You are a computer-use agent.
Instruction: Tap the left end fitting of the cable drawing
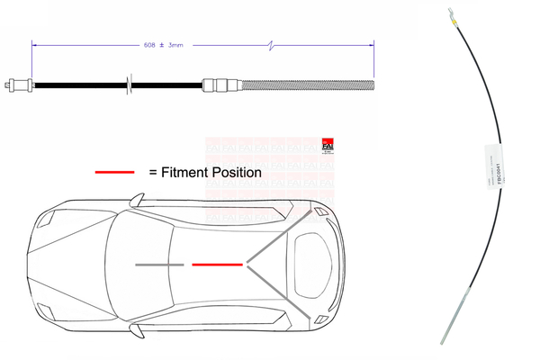[x=17, y=86]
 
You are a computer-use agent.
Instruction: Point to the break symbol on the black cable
[x=131, y=86]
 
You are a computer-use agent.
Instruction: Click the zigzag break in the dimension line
[x=274, y=42]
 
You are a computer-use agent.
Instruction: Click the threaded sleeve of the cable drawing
[x=297, y=86]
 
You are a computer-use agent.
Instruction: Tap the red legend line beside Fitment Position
[x=114, y=171]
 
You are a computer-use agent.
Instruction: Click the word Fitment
[x=184, y=171]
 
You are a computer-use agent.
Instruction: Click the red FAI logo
[x=327, y=146]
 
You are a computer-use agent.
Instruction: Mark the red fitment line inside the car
[x=217, y=265]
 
